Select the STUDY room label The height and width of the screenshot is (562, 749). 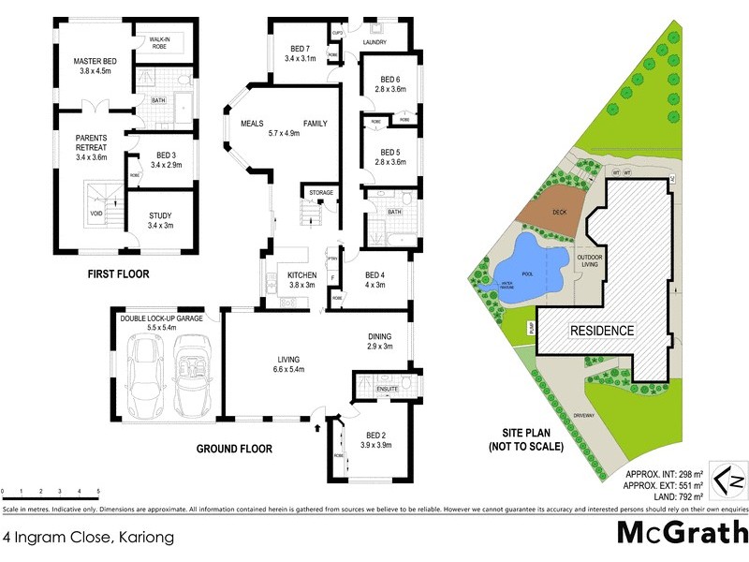(160, 215)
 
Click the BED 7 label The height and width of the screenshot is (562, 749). (300, 49)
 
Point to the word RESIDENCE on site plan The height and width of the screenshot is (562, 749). (602, 331)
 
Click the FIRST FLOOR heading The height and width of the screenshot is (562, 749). (118, 274)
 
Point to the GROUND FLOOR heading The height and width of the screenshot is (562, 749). (234, 450)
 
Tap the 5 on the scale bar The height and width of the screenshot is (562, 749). (98, 491)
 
